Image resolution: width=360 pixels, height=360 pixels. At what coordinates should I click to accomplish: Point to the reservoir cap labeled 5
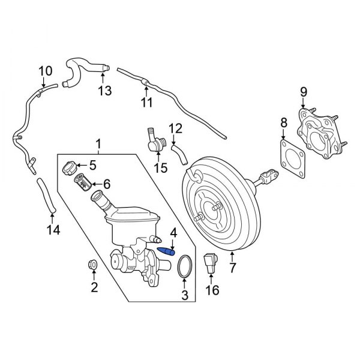click(x=70, y=166)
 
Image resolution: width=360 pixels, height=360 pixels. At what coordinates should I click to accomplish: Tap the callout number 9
click(x=303, y=92)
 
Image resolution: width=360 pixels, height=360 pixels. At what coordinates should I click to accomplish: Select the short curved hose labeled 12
click(x=179, y=152)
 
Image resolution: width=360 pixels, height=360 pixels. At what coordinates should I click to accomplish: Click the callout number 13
click(x=105, y=91)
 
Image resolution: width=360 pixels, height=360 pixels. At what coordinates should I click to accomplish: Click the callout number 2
click(x=94, y=287)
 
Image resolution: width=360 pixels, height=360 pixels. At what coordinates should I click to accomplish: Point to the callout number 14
click(x=53, y=229)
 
